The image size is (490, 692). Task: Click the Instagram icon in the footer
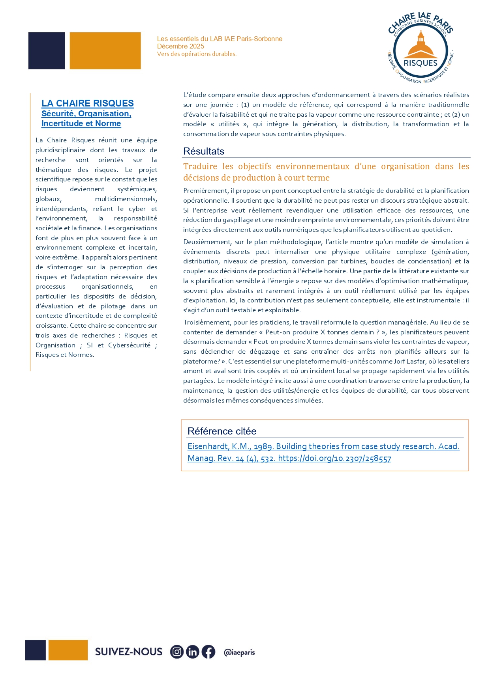[177, 652]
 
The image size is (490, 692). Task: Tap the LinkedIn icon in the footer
[193, 652]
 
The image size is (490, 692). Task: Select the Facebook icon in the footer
[208, 652]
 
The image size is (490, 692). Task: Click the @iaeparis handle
[239, 652]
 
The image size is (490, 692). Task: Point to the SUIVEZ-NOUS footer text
[129, 652]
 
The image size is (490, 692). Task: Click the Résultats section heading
[204, 151]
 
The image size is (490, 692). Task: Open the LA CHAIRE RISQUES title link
[88, 103]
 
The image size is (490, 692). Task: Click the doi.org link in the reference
[334, 458]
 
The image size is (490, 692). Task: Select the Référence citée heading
[222, 431]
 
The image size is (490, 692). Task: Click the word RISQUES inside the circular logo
[421, 63]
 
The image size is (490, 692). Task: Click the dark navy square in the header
[47, 51]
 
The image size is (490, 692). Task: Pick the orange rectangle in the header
[105, 51]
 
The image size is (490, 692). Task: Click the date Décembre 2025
[180, 46]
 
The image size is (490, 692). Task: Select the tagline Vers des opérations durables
[197, 54]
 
